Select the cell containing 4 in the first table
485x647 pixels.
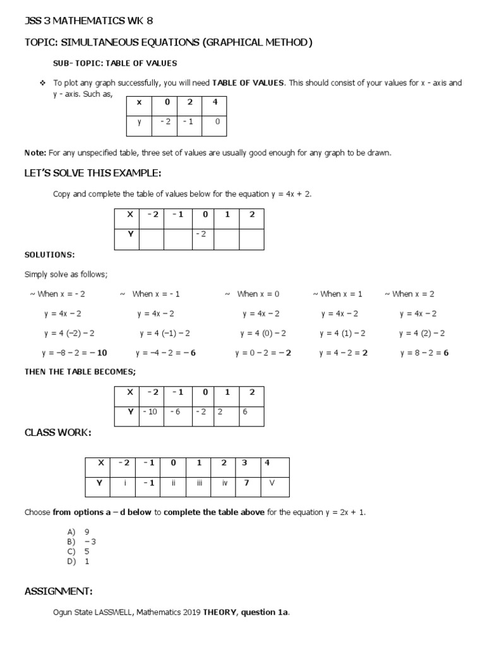[215, 102]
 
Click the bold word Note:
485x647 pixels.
[35, 153]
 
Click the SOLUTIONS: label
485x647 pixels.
[49, 255]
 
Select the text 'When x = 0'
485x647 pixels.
[258, 294]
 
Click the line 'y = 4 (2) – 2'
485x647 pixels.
[422, 333]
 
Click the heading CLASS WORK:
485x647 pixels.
[57, 433]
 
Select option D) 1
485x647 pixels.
[79, 560]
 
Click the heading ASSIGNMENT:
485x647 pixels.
[58, 591]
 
